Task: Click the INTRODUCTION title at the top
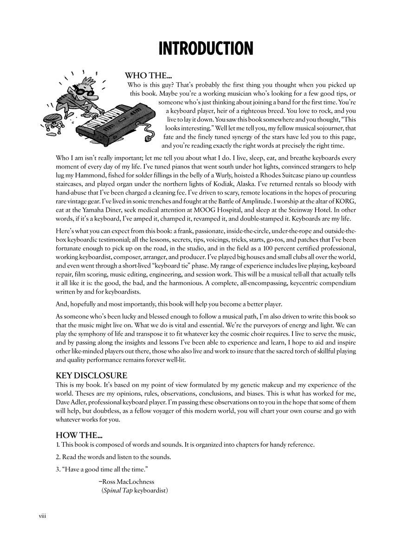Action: point(206,48)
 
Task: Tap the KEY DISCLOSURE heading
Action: point(91,375)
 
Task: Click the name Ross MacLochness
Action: point(128,482)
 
